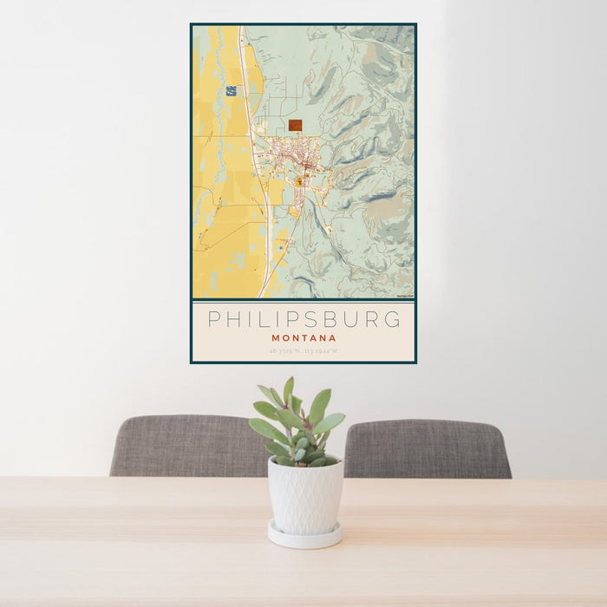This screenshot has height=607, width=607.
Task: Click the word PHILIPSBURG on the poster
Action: click(x=303, y=319)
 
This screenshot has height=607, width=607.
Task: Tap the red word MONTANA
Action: click(x=303, y=338)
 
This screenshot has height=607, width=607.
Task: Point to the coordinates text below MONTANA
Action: click(x=303, y=351)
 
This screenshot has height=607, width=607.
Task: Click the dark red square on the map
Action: click(x=295, y=125)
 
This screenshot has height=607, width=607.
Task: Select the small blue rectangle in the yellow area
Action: click(x=231, y=90)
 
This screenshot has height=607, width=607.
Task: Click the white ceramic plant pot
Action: click(x=304, y=494)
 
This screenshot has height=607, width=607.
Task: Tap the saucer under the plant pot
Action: click(x=304, y=536)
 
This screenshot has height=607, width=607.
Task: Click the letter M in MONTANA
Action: click(x=276, y=338)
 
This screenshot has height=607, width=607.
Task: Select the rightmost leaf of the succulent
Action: click(x=335, y=422)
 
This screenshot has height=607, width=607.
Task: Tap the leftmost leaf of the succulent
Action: click(x=259, y=428)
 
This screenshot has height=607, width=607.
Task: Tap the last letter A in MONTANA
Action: click(x=332, y=338)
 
